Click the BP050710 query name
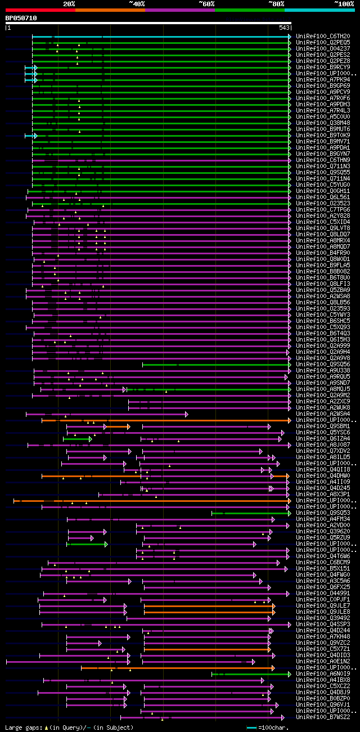[21, 18]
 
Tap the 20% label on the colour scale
[69, 4]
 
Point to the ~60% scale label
[206, 4]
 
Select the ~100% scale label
[344, 4]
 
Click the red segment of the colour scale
[40, 10]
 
